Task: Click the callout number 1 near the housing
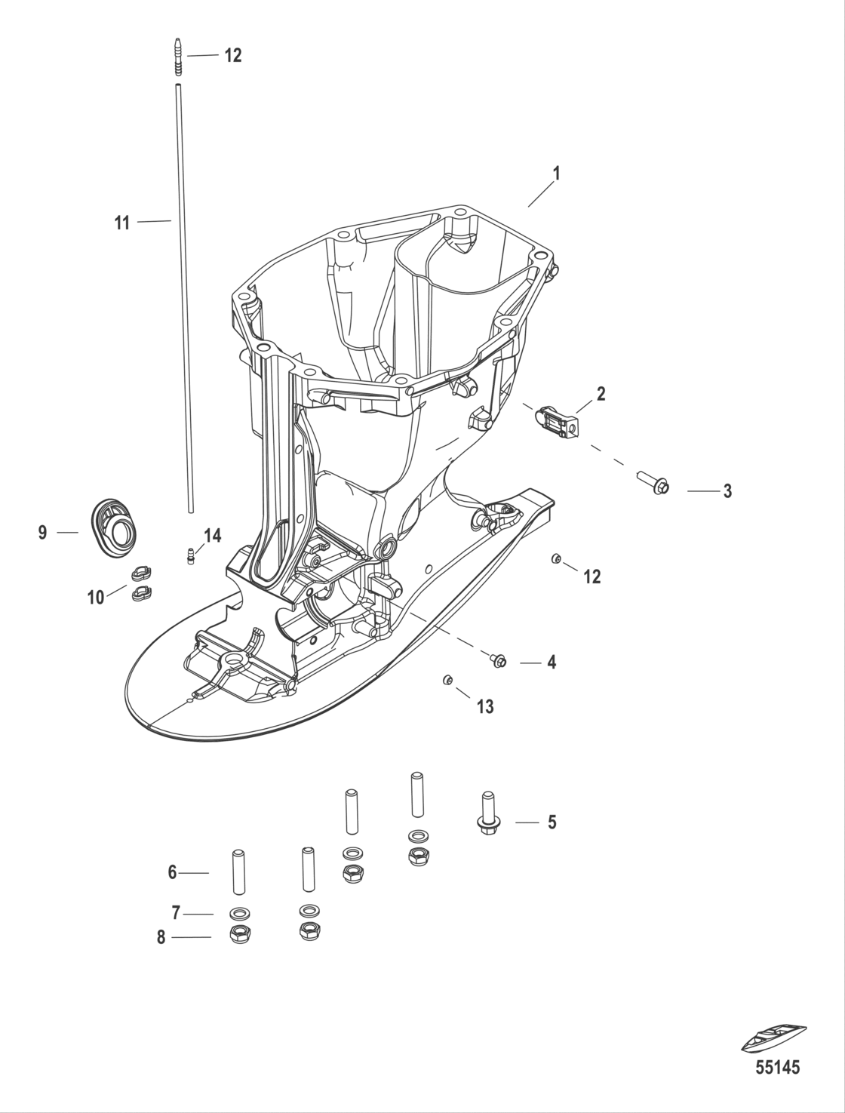556,174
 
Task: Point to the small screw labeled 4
499,661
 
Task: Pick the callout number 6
172,872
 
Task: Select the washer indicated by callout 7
239,913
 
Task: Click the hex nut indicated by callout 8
239,935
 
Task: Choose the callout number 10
96,598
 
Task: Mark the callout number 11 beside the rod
122,223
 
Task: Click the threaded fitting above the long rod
178,57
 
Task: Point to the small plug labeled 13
447,681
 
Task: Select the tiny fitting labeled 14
191,556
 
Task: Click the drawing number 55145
777,1068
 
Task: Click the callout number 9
43,533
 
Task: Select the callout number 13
484,706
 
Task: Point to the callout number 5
552,822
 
